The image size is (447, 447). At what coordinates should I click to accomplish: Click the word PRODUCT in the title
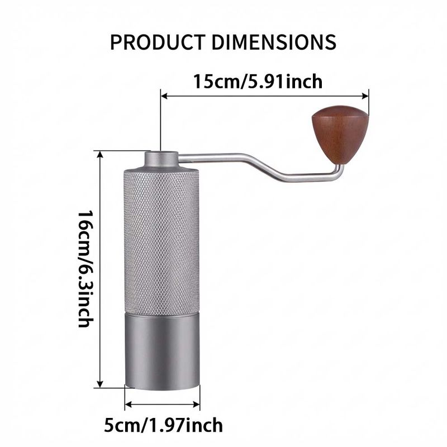[x=158, y=42]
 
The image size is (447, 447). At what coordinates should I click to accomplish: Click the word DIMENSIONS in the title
[x=274, y=42]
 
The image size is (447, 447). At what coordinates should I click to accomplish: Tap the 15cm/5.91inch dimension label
[x=258, y=82]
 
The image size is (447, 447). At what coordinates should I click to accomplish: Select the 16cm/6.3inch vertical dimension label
[x=85, y=269]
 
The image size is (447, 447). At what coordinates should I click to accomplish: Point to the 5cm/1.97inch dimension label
[x=163, y=425]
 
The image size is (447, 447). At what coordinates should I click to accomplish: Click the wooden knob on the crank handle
[x=340, y=135]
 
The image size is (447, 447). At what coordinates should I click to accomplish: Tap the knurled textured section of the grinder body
[x=161, y=242]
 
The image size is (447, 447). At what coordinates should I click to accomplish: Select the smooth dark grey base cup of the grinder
[x=161, y=351]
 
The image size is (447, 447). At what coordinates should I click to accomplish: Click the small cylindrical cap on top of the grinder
[x=161, y=160]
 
